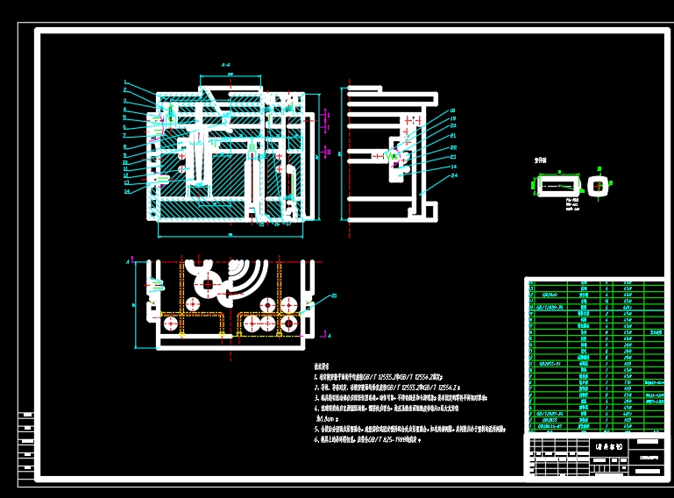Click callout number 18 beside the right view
pos(452,111)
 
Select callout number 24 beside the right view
pos(454,175)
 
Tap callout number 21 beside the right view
pos(453,136)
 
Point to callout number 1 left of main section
pos(126,83)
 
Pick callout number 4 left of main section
pos(126,110)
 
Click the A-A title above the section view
pos(226,65)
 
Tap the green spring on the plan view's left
pos(156,285)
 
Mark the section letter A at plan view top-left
pos(128,261)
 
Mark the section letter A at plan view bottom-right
pos(329,336)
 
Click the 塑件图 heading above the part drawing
pos(542,161)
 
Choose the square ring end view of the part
pos(598,184)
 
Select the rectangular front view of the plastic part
pos(557,184)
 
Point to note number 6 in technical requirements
pos(316,440)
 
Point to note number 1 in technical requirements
pos(316,375)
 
